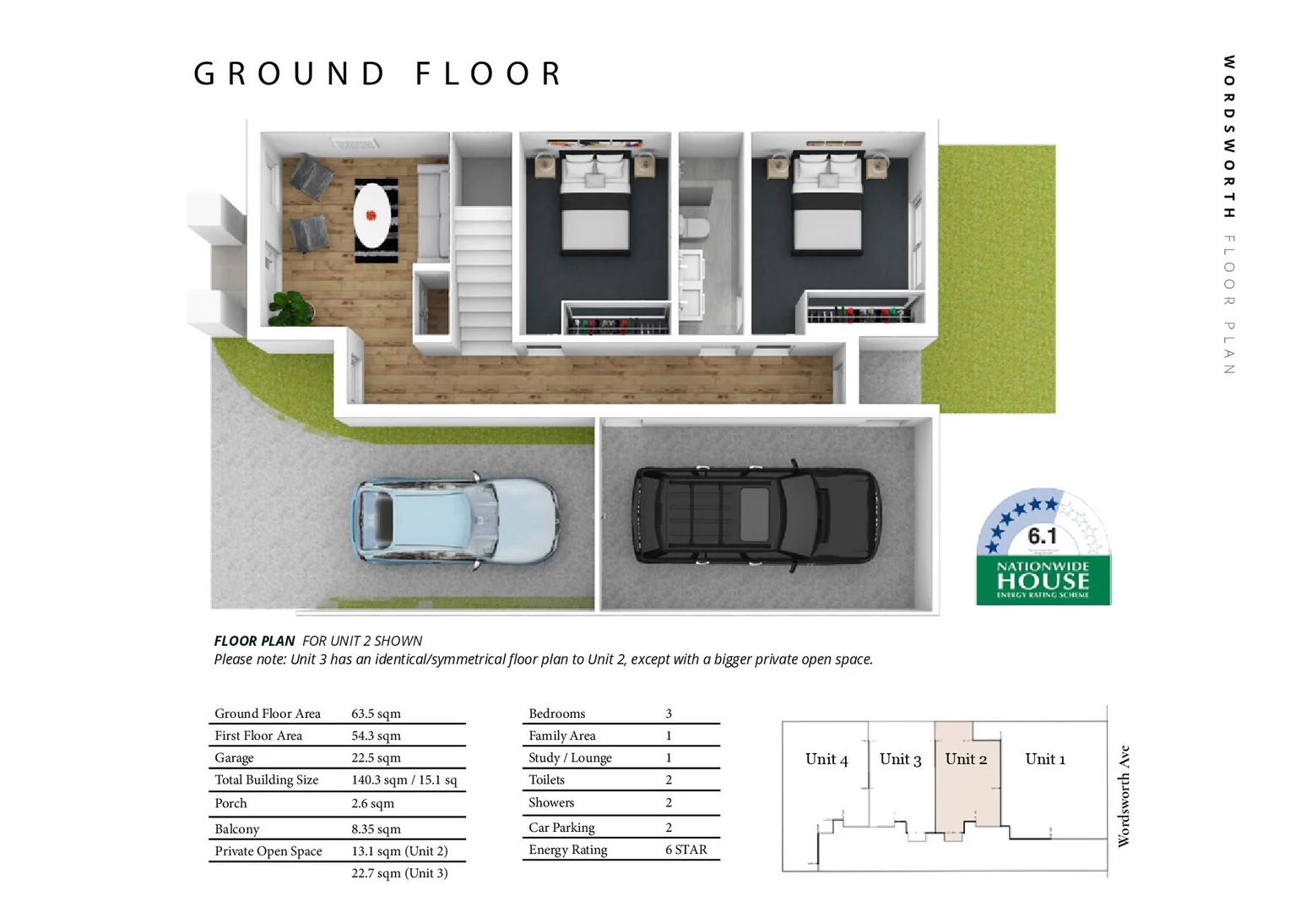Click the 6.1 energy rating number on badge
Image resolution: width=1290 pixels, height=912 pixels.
1042,536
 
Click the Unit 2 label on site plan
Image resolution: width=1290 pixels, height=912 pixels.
966,759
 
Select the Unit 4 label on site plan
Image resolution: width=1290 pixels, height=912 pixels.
827,759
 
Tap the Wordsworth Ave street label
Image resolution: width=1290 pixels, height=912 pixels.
1124,795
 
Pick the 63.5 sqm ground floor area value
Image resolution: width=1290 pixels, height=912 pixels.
376,714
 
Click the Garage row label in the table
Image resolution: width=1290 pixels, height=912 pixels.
234,758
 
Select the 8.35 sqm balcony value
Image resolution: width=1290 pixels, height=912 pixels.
376,829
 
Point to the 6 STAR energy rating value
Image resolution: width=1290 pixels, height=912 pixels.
686,850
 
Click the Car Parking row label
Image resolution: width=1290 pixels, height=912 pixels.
561,828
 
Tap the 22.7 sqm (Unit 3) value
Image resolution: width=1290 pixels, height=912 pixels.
399,873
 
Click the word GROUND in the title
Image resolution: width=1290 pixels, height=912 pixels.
290,74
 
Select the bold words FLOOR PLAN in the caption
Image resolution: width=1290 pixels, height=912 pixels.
254,641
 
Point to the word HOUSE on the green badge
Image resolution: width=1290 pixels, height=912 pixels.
1043,581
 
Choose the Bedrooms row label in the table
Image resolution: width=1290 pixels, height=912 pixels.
556,714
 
